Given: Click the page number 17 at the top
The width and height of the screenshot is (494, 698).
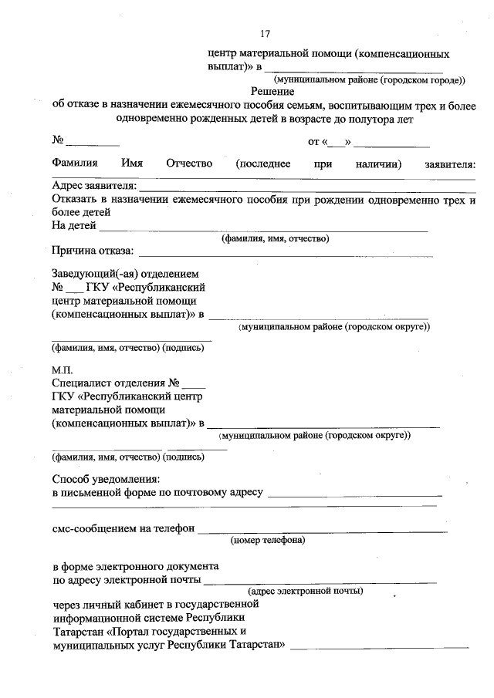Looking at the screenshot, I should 266,33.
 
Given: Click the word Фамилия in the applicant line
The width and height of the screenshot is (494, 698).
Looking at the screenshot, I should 75,164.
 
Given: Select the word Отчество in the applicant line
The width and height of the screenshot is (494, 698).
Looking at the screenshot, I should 188,164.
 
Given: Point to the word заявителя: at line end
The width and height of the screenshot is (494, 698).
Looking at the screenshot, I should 450,164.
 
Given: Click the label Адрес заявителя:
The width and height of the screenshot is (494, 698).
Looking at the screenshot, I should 94,186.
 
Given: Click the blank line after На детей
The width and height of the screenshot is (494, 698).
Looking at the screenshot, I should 262,228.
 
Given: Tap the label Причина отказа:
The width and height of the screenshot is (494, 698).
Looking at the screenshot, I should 93,251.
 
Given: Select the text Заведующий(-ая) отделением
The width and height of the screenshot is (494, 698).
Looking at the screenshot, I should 125,274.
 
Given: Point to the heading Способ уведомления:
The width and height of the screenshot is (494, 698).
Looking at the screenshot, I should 106,479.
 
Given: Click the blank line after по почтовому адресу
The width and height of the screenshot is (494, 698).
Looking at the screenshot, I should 354,494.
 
